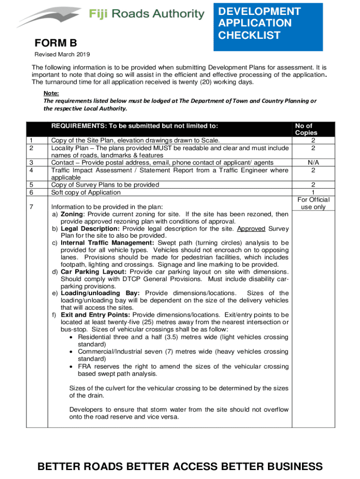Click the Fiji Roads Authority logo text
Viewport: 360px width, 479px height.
(x=146, y=15)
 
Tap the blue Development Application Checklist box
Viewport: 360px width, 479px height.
(x=268, y=26)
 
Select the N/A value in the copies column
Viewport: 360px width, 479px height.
(x=313, y=162)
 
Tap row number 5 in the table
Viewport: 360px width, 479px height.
(x=30, y=185)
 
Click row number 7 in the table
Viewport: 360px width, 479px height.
(x=30, y=207)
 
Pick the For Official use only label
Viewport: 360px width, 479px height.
(x=313, y=203)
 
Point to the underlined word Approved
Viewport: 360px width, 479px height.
(x=251, y=229)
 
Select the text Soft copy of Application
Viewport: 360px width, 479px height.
(x=86, y=192)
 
